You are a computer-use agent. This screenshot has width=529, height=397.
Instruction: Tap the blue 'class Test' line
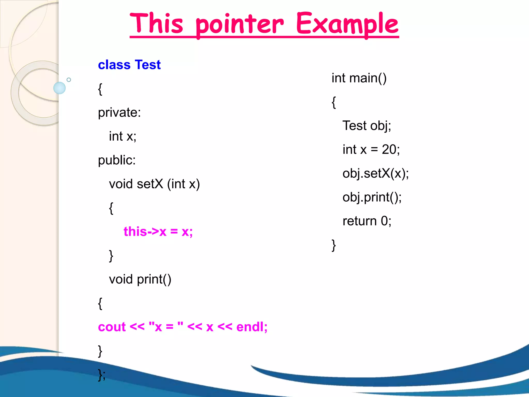tap(129, 65)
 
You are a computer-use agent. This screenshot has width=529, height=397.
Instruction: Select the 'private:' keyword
tap(119, 113)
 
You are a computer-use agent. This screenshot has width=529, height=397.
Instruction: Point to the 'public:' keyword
tap(117, 160)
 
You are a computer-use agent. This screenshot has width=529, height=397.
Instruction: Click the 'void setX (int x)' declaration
tap(154, 184)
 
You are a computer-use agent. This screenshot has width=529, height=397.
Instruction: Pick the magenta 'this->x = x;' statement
tap(158, 232)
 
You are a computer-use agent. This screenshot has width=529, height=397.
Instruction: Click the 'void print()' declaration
tap(140, 279)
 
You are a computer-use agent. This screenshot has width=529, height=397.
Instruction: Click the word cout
tap(112, 327)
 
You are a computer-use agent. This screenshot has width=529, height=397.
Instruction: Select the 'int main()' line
tap(359, 78)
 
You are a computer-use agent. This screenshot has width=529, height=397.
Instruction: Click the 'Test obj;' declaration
tap(367, 126)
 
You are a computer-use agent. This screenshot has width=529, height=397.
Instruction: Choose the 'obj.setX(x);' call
tap(376, 173)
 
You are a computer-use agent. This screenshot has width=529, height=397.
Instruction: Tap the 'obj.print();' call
tap(372, 197)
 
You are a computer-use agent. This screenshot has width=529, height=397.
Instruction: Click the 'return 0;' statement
tap(367, 221)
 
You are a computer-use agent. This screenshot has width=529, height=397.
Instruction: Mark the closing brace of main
tap(334, 245)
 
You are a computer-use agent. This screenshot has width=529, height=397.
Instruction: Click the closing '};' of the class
tap(102, 375)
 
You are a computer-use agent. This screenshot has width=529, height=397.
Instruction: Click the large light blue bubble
tap(59, 88)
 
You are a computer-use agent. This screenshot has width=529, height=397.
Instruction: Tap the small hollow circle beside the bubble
tap(69, 80)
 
